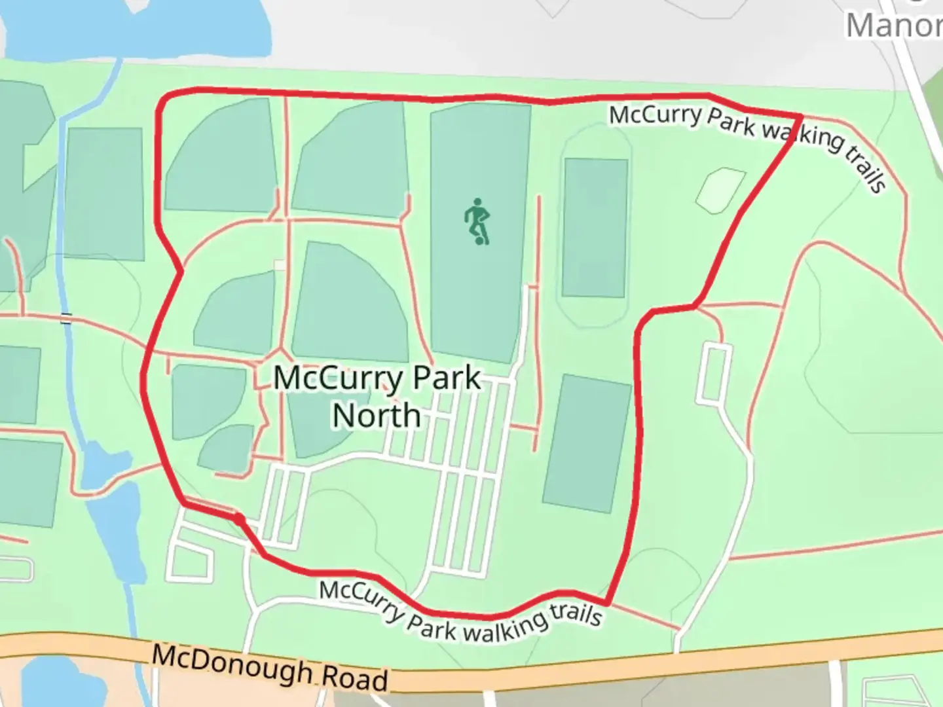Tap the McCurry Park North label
coord(377,397)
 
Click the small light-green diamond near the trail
coord(720,190)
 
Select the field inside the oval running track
coord(595,227)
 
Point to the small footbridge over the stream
coord(66,319)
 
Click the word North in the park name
coord(377,416)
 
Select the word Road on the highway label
coord(356,678)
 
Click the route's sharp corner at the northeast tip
coord(800,117)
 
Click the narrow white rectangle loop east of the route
coord(714,374)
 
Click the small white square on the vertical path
coord(280,264)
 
